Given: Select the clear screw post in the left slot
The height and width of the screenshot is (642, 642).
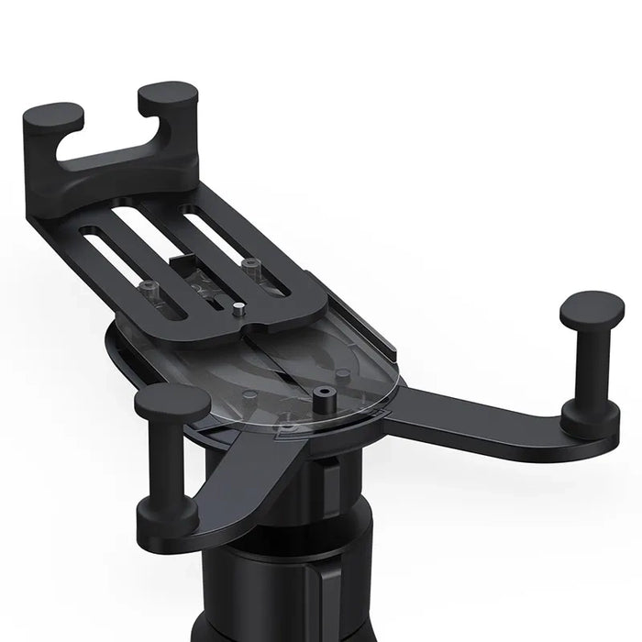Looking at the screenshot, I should point(149,286).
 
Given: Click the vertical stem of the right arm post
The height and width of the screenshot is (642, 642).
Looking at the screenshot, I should point(592,367).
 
